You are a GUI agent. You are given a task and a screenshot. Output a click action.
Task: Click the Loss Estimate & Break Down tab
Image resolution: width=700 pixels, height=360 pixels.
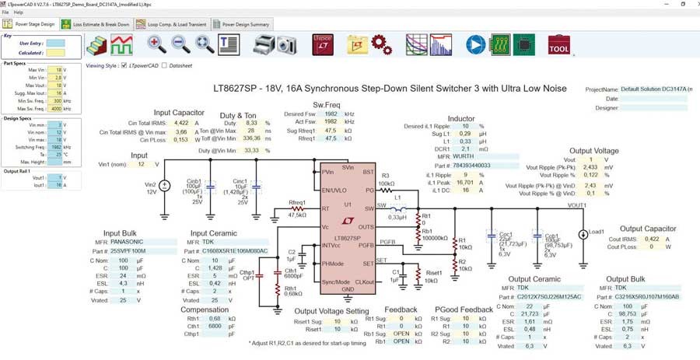point(100,25)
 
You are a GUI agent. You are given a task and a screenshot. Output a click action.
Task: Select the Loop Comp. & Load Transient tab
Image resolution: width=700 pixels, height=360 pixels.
point(171,25)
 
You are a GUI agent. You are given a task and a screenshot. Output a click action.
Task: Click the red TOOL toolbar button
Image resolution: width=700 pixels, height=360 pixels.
point(558,45)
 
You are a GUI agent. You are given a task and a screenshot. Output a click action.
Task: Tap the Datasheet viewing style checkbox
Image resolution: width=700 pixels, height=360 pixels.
point(166,65)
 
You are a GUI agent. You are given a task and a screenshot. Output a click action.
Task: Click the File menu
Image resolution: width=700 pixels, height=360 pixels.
point(6,12)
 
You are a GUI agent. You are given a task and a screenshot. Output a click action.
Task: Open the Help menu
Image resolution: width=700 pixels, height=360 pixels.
point(19,12)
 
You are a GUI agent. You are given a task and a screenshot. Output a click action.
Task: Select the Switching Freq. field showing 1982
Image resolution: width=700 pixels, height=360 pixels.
point(54,146)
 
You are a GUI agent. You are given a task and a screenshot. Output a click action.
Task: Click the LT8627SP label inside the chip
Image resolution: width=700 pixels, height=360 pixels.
point(342,236)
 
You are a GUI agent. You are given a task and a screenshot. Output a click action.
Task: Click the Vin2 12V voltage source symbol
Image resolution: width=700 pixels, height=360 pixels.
point(164,186)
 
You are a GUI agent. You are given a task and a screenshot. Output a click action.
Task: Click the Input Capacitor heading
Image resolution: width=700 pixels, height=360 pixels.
point(179,113)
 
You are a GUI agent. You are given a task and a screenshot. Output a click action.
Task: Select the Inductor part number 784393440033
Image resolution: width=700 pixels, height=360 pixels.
point(472,165)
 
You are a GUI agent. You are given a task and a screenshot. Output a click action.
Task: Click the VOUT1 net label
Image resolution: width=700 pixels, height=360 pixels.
point(576,205)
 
